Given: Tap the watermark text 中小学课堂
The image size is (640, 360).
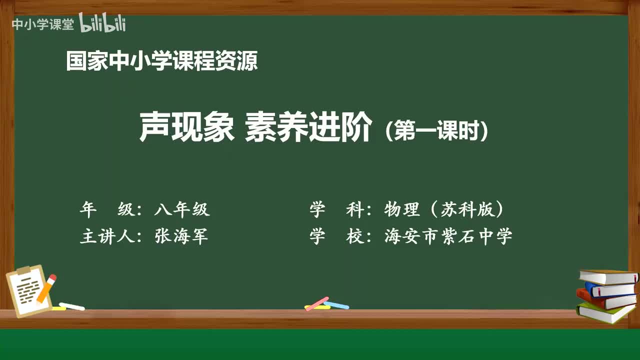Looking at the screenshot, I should coord(42,24).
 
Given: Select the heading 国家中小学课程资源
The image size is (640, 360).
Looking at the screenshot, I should coord(162,61).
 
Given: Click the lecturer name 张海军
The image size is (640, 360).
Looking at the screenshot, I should coord(181,236).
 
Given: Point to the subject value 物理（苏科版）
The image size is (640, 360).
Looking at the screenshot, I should coord(444,209).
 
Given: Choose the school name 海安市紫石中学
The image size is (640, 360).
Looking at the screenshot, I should coord(448,236).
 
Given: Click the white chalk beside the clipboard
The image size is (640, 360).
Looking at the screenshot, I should coord(71,306).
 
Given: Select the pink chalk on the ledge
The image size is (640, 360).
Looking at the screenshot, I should coord(317,303).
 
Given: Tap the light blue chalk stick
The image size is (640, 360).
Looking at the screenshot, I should coord(336,304).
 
